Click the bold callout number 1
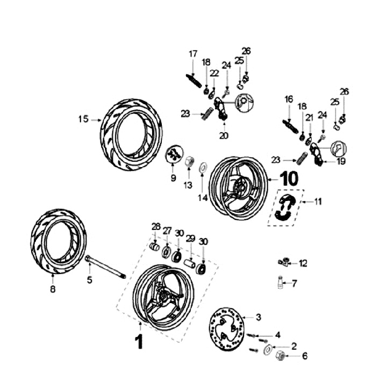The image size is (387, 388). (139, 341)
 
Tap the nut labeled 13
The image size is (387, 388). (190, 161)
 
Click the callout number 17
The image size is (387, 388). (193, 54)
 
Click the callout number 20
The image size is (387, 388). (224, 135)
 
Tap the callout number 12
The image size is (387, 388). (303, 263)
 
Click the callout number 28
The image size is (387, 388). (156, 226)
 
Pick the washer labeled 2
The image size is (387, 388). (267, 352)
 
